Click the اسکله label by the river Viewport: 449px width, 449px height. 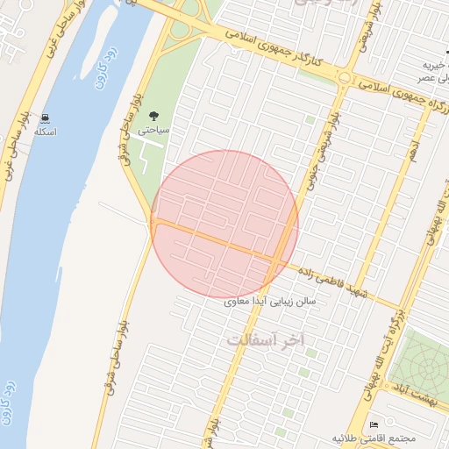click(x=45, y=132)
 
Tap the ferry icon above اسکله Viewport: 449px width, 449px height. click(x=45, y=118)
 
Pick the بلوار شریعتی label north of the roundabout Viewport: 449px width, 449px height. click(x=373, y=26)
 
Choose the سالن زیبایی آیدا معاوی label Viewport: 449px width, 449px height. click(x=275, y=300)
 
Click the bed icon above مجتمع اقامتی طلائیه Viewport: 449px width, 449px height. click(x=375, y=424)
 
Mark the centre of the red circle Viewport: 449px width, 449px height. click(x=225, y=224)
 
